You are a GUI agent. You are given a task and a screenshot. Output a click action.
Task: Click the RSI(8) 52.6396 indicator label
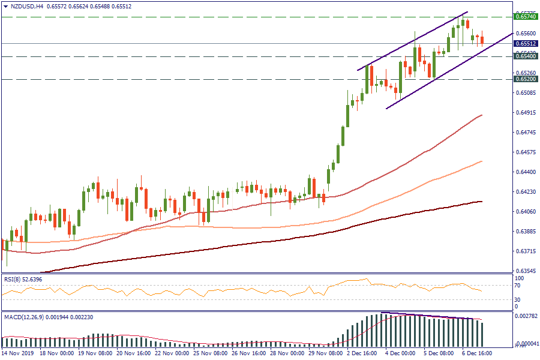[x=23, y=279]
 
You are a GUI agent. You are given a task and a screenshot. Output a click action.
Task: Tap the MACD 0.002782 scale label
[x=526, y=316]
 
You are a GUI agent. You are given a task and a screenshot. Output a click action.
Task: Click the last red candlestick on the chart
[x=482, y=40]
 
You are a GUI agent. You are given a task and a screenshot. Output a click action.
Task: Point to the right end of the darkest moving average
[x=482, y=202]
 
